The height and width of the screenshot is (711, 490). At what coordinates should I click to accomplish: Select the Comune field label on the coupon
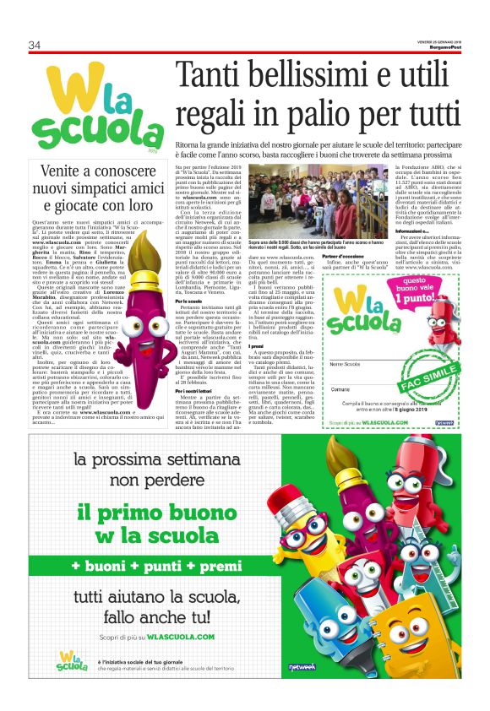(x=341, y=388)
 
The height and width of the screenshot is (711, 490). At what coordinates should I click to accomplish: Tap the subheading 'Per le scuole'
(x=188, y=301)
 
